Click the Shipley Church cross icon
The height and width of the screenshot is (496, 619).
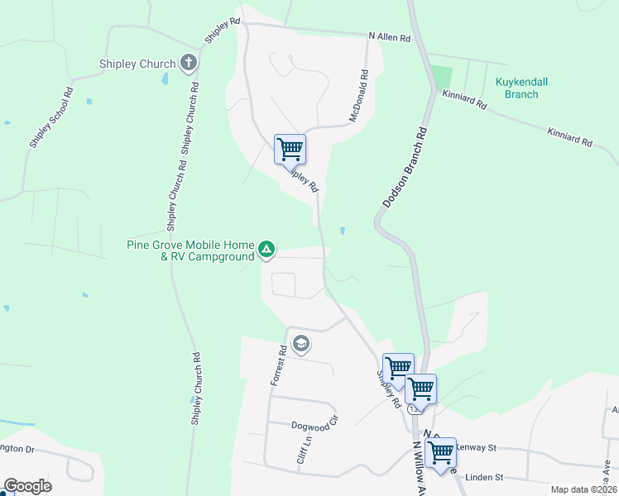pos(189,63)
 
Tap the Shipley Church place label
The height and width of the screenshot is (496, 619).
pos(137,64)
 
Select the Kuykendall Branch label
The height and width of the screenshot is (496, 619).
pos(521,88)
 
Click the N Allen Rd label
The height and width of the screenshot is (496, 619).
pos(389,36)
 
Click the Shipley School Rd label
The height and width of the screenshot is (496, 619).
pos(52,118)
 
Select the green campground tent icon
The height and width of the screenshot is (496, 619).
pos(266,248)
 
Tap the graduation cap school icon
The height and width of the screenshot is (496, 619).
pos(301,343)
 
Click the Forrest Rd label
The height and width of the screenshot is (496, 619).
pos(278,365)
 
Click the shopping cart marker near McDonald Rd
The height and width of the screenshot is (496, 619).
pos(290,150)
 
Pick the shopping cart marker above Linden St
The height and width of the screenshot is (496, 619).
pos(440,451)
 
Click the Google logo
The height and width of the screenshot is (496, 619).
pos(27,486)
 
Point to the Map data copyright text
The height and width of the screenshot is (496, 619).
pos(583,489)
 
